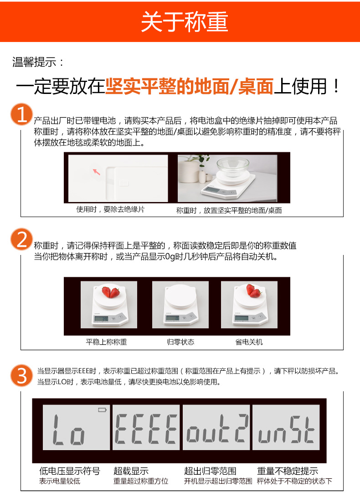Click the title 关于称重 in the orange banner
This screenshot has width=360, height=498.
coord(185,21)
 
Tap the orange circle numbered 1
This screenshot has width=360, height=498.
coord(21,114)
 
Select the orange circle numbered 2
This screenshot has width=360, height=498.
coord(21,239)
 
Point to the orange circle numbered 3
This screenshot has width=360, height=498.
coord(21,375)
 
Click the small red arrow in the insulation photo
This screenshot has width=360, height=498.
coord(96,172)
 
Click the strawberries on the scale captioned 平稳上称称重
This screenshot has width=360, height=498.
coord(110,291)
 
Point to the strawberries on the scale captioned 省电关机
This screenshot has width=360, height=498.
coord(254,290)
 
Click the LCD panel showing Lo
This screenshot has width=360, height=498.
coord(76,427)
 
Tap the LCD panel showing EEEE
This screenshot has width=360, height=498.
coord(146,427)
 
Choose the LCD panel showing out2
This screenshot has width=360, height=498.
coord(216,427)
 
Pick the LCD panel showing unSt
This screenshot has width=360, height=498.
coord(286,427)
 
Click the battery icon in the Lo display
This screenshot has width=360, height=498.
coord(102,410)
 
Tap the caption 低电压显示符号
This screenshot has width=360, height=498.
coord(70,471)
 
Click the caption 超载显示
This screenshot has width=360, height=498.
coord(131,471)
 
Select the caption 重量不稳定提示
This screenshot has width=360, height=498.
coord(287,471)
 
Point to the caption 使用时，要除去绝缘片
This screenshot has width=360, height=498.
coord(110,209)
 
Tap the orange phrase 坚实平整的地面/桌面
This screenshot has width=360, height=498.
coord(189,86)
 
